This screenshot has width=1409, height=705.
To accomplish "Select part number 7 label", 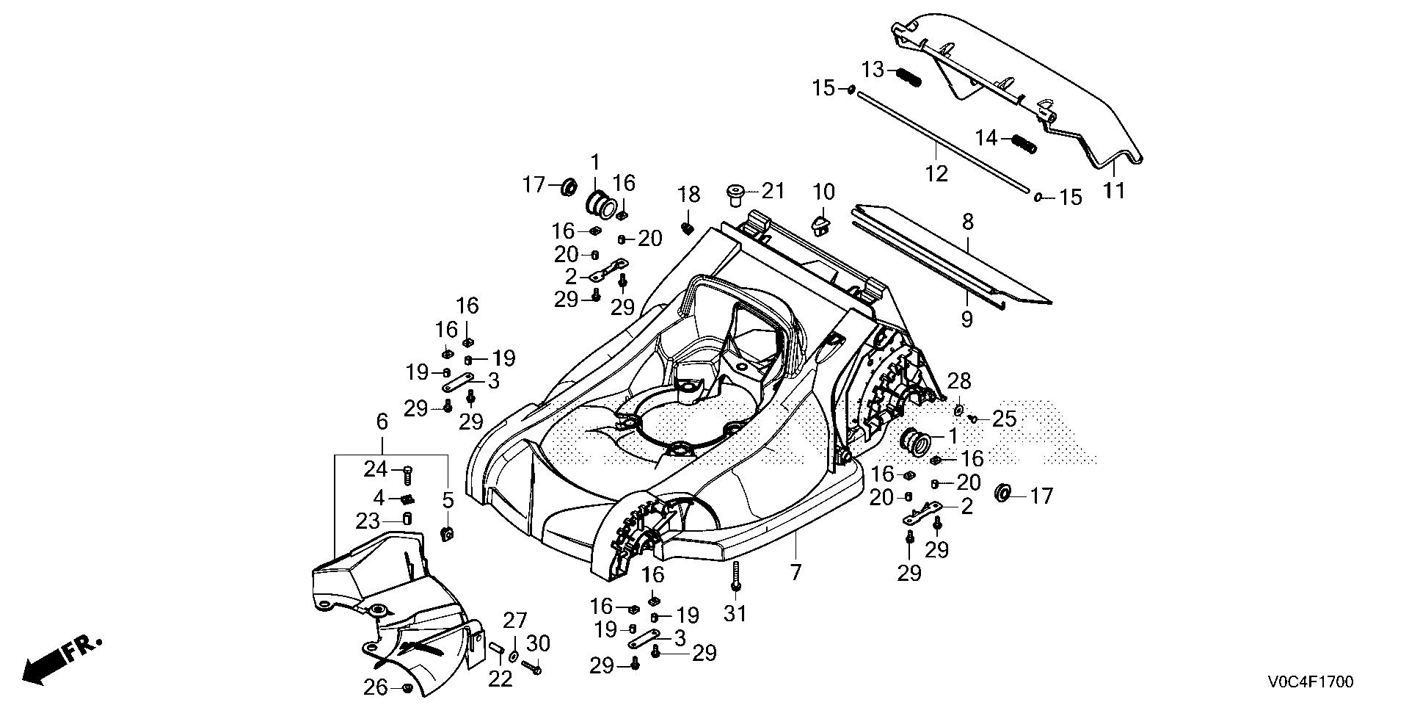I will click(797, 571).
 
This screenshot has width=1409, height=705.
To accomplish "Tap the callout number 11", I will click(1113, 190).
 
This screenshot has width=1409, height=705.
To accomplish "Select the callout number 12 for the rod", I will click(937, 174).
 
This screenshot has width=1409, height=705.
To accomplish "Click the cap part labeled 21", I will click(735, 195).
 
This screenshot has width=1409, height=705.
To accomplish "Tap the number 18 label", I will click(688, 195).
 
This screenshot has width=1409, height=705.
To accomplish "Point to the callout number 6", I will click(381, 422).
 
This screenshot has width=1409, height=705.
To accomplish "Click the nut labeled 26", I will click(406, 687).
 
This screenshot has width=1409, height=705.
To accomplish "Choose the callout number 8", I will click(967, 222).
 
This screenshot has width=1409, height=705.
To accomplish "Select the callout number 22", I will click(500, 679).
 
